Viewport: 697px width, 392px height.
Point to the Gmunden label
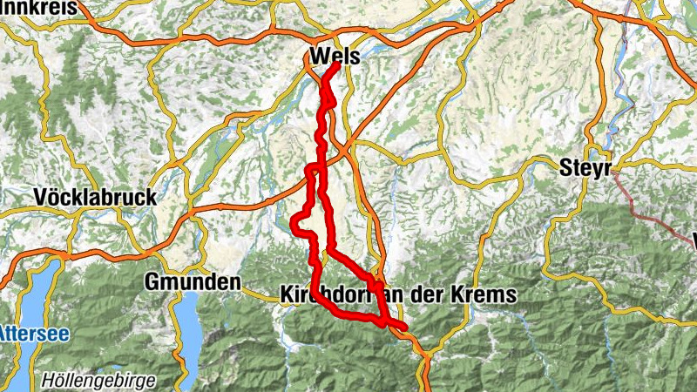pyautogui.click(x=193, y=282)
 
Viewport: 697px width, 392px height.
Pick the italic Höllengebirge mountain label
pyautogui.click(x=98, y=381)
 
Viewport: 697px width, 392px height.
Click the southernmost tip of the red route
pyautogui.click(x=406, y=328)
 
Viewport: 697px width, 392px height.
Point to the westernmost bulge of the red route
pyautogui.click(x=294, y=225)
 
